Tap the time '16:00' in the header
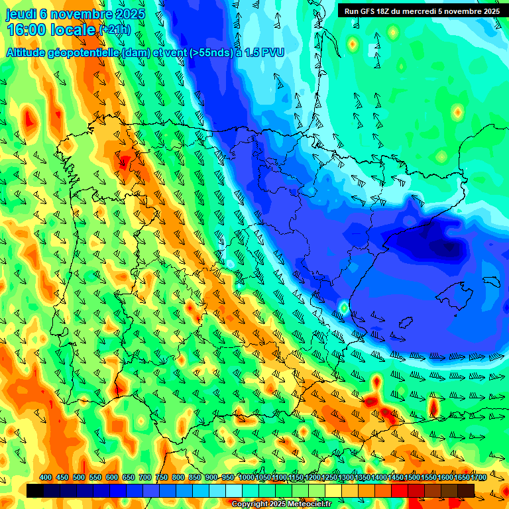point(27,30)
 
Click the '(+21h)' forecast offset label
point(115,30)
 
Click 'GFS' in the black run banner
point(368,11)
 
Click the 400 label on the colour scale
point(46,478)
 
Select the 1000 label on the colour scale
point(246,478)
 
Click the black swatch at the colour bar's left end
point(35,490)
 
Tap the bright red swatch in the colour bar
point(400,490)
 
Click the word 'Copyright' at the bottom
point(251,504)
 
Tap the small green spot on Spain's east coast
point(344,308)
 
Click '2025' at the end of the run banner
point(491,11)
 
